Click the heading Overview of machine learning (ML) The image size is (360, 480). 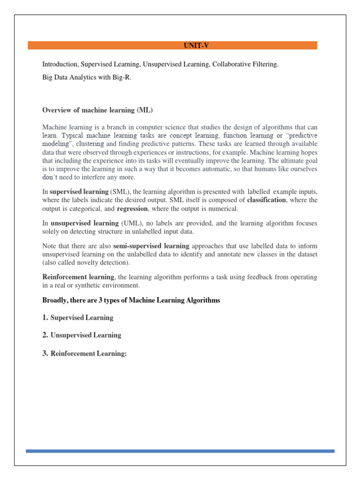click(x=98, y=110)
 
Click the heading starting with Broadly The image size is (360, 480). click(x=131, y=300)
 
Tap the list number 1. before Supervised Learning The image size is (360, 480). click(x=45, y=318)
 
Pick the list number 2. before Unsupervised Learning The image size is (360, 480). click(x=45, y=335)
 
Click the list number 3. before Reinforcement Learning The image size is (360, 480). click(x=45, y=354)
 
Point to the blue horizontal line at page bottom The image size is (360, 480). click(x=180, y=451)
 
